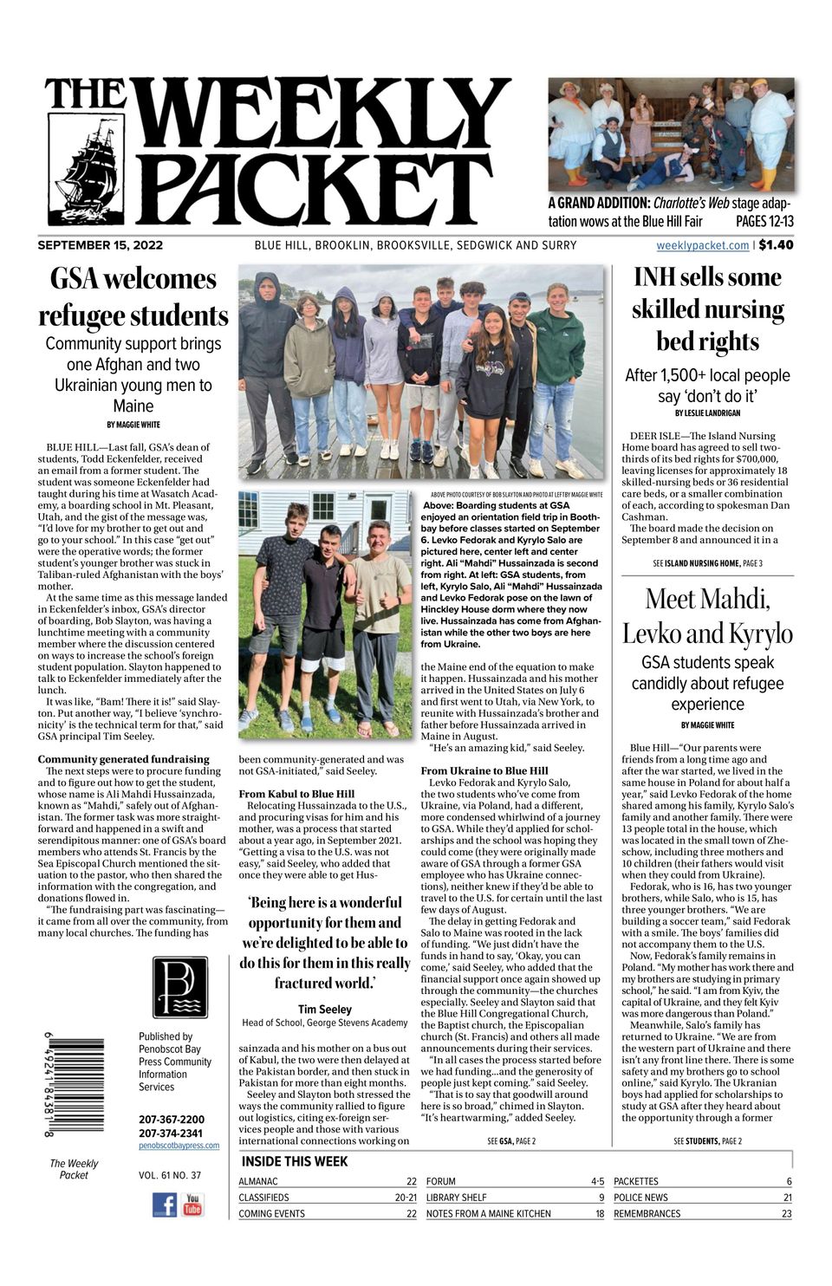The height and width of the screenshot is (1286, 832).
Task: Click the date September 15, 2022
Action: coord(101,245)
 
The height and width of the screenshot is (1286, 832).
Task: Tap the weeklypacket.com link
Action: coord(702,245)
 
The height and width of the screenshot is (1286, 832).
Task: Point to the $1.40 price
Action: coord(776,245)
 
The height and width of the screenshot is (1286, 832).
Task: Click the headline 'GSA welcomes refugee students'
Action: coord(133,297)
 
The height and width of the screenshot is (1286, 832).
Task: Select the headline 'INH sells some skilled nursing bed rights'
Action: coord(707,309)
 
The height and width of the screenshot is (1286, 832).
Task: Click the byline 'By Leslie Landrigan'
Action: coord(707,413)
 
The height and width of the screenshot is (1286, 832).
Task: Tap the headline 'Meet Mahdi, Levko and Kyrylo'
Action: coord(707,615)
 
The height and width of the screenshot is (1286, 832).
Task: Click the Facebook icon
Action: coord(165,1205)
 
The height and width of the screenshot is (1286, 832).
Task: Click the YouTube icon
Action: coord(192,1205)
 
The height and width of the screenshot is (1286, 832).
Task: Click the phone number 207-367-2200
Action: coord(172,1120)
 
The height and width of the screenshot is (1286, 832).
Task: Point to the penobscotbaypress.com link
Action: coord(179,1146)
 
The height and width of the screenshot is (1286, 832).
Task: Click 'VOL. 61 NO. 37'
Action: coord(170,1176)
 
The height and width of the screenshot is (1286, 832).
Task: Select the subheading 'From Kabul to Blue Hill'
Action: coord(296,794)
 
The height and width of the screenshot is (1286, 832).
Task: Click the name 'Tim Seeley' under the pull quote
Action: coord(325,1009)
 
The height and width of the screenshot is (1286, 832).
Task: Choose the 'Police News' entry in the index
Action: coord(640,1198)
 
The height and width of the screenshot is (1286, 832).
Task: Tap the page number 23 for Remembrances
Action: coord(786,1214)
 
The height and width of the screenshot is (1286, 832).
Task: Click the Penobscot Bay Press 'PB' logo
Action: coord(180,987)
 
